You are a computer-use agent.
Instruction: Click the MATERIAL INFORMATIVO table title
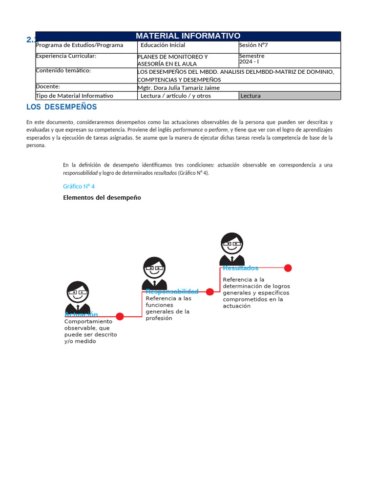point(188,36)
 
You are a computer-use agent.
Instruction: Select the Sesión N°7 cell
point(253,45)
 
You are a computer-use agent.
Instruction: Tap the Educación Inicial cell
point(163,45)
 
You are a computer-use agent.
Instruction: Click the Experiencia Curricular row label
point(66,56)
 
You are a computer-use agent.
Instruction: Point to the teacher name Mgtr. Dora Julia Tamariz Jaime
point(179,88)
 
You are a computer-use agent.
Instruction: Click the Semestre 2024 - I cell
point(252,59)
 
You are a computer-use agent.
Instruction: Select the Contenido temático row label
point(63,70)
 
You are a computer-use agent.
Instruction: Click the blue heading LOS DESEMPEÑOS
point(62,107)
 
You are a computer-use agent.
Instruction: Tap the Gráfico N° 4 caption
point(79,187)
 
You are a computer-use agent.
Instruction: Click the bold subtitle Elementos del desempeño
point(102,198)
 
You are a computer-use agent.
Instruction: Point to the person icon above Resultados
point(232,249)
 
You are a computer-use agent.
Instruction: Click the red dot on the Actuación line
point(120,316)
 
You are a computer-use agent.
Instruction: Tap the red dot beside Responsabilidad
point(209,292)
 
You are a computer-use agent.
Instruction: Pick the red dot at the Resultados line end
point(288,268)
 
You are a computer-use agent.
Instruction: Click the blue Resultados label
point(241,268)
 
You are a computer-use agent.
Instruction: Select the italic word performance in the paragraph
point(187,130)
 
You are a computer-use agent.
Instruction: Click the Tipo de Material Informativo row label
point(74,96)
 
